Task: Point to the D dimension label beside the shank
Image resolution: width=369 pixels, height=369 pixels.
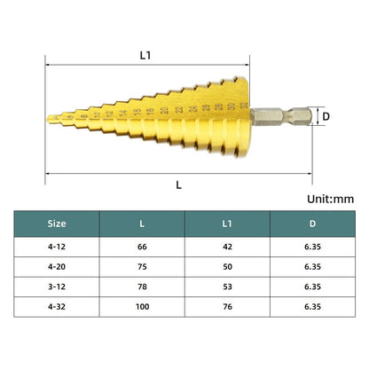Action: click(x=326, y=116)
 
